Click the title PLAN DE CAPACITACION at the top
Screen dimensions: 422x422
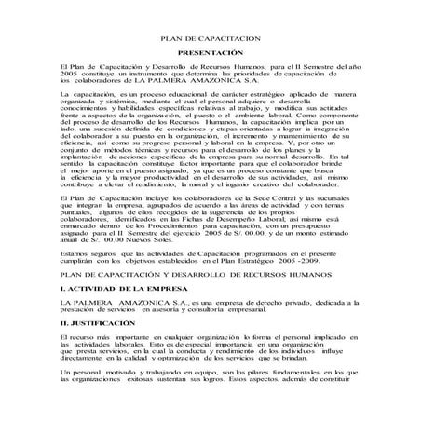[211, 40]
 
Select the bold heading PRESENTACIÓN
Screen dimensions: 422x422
[211, 54]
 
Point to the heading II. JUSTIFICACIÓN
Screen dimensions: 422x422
[94, 330]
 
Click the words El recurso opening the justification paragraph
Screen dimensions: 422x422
[76, 342]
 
